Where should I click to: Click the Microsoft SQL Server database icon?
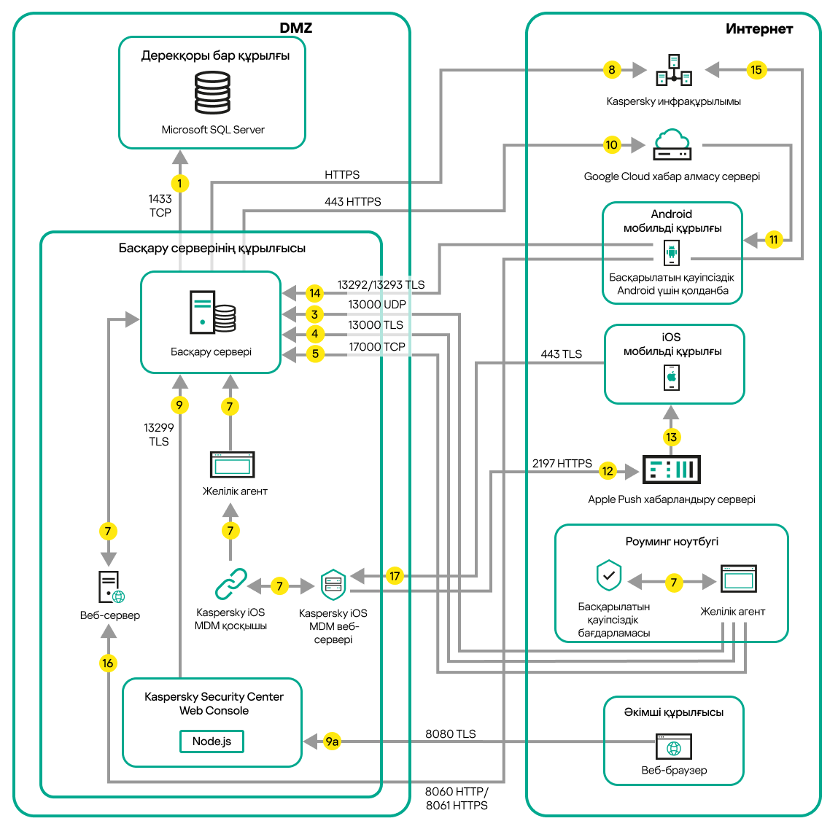click(x=212, y=93)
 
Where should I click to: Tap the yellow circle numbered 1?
click(x=179, y=184)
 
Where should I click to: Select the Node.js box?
click(x=212, y=742)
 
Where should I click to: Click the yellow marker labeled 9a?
click(x=332, y=742)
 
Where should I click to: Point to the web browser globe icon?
click(x=674, y=748)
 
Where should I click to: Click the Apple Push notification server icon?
click(x=671, y=470)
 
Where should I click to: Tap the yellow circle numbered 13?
click(x=671, y=437)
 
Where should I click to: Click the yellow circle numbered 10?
click(x=611, y=145)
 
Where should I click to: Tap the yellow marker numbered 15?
click(x=756, y=70)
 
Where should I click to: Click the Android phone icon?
click(x=672, y=253)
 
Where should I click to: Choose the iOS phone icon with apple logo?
click(x=672, y=378)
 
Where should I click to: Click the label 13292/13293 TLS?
click(x=381, y=285)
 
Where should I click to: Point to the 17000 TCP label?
click(x=376, y=347)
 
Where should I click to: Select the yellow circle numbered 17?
click(x=395, y=576)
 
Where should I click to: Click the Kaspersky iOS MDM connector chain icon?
click(x=230, y=584)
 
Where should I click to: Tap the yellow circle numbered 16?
click(x=108, y=663)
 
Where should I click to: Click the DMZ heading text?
click(x=295, y=28)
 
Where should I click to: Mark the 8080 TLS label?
click(x=450, y=734)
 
